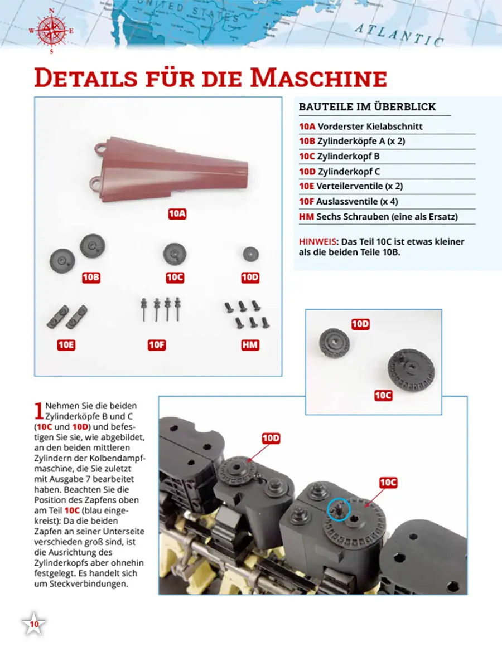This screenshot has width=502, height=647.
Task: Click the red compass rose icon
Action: coord(52,31)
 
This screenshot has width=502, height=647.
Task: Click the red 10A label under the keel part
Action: coord(177,214)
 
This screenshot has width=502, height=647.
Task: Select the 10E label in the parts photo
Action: coord(66,345)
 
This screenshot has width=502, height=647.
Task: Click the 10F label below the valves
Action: coord(157,345)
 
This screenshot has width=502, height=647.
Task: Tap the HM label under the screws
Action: coord(250,345)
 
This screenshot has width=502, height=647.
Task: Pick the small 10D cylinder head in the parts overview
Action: coord(250,254)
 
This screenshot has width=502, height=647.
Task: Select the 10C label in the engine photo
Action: coord(388,483)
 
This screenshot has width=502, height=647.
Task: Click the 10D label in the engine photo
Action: coord(271,438)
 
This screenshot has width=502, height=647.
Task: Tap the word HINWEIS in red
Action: coord(317,242)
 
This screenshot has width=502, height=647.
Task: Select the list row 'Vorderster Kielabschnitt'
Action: coord(361,127)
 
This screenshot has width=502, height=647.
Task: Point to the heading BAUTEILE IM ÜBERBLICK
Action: coord(368,107)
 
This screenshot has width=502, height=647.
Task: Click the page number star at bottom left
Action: coord(34,624)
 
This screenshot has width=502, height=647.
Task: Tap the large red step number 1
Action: coord(39,410)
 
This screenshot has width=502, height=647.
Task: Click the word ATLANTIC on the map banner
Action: coord(399,35)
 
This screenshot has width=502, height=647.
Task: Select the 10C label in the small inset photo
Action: coord(383,396)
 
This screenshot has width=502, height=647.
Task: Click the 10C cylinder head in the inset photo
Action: coord(411,369)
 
